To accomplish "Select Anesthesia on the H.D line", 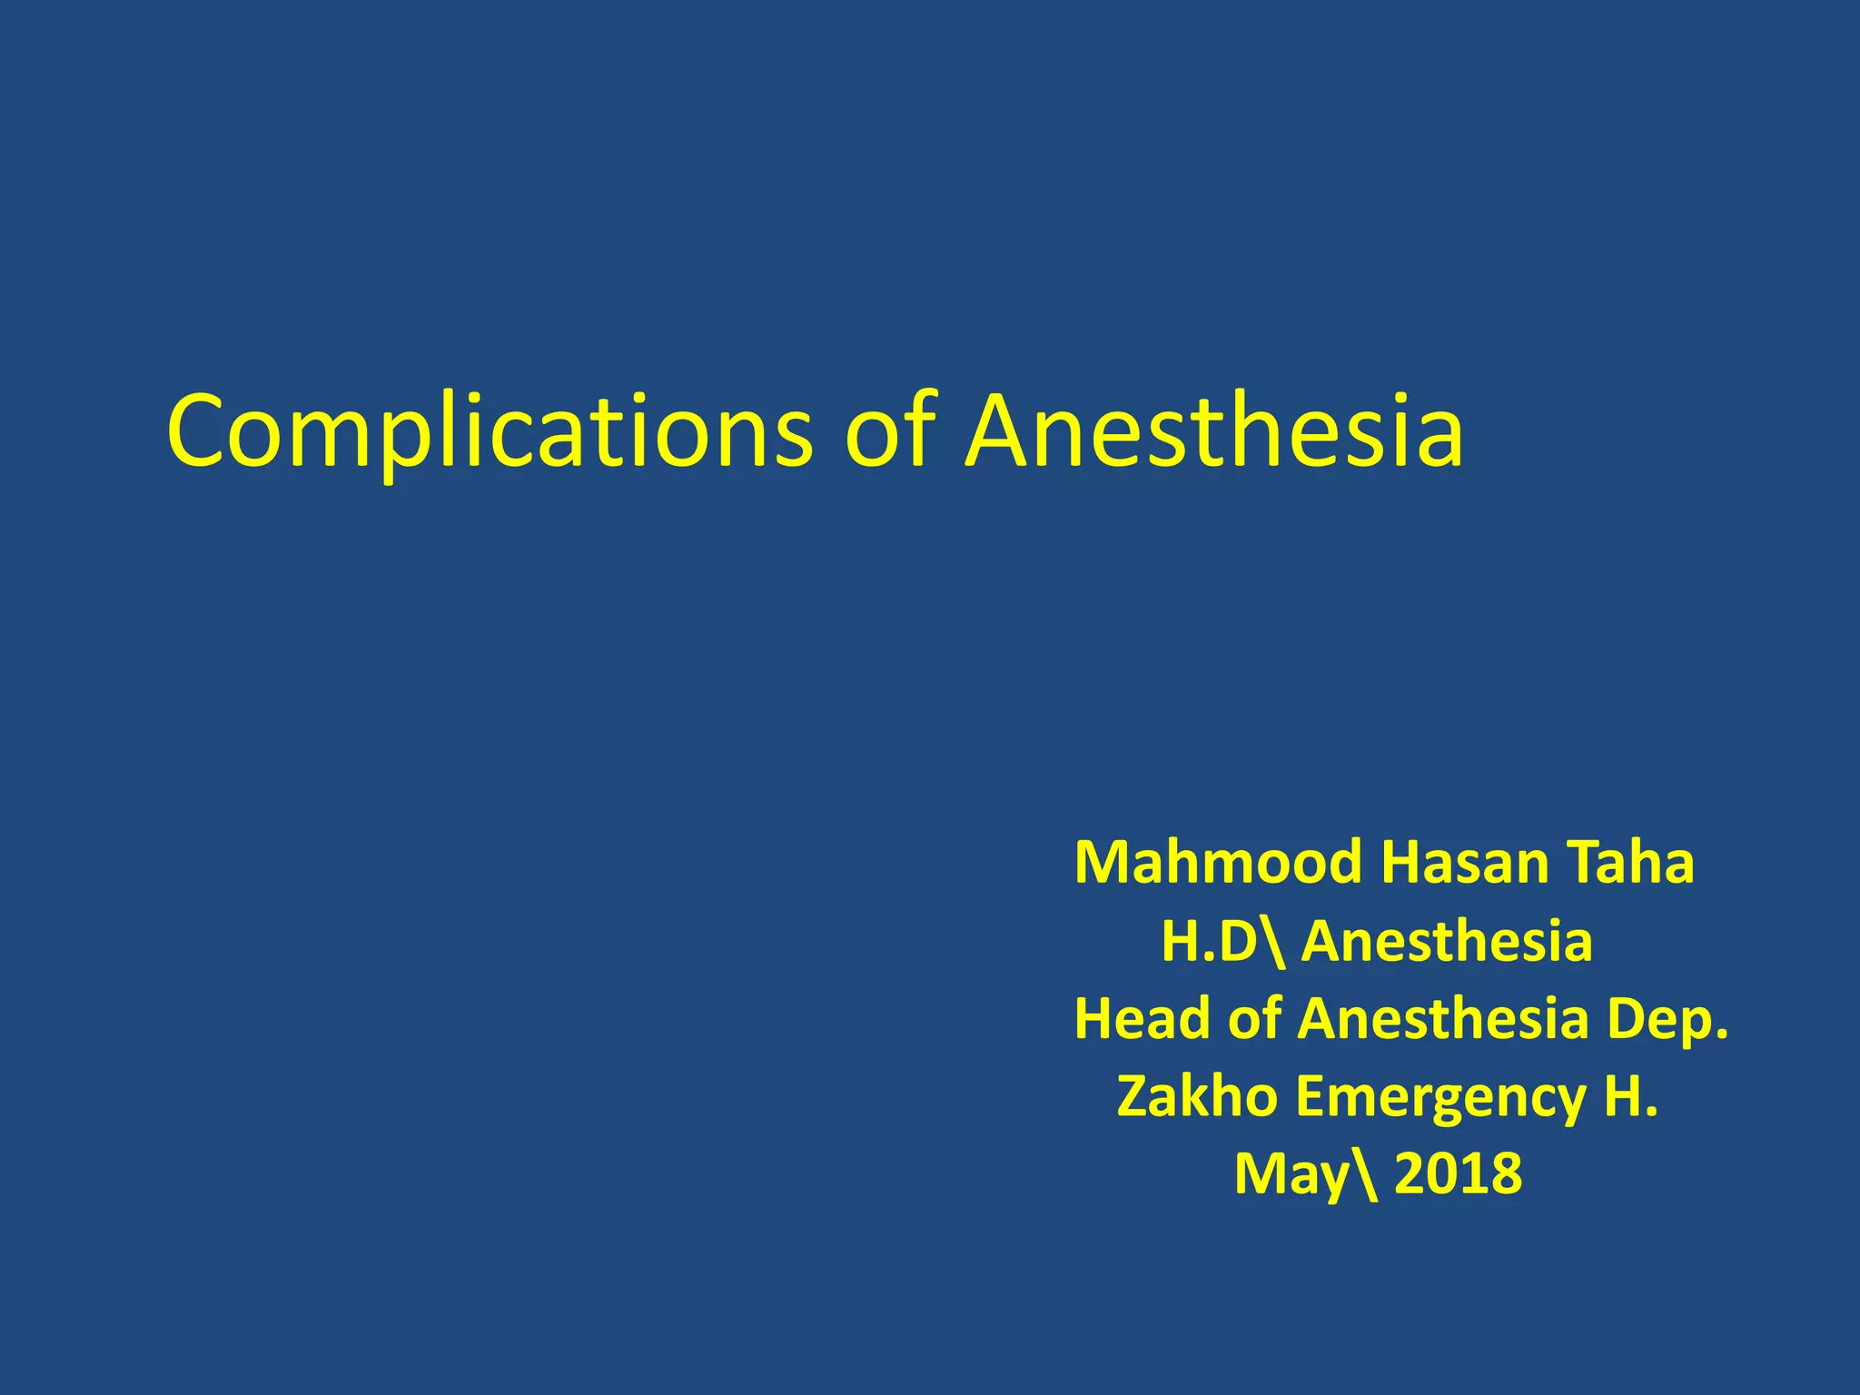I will [x=1447, y=941].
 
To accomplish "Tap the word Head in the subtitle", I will [x=1143, y=1019].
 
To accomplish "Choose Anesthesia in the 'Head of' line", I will [x=1443, y=1019].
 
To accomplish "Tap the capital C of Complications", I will [x=199, y=432].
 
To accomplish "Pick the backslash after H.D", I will [x=1273, y=943].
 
